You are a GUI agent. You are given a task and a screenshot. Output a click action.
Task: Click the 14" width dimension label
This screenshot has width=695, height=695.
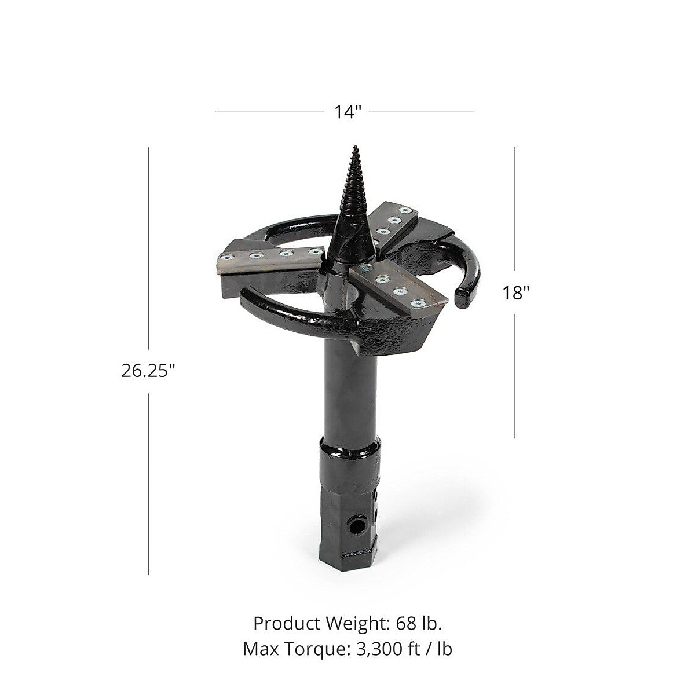click(347, 112)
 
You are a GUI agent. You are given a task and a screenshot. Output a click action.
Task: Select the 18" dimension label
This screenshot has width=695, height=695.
click(515, 293)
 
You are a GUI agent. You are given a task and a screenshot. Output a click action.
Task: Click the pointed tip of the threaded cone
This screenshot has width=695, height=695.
click(353, 146)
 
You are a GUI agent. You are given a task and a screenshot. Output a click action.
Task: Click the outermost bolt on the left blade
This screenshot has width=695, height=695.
click(226, 259)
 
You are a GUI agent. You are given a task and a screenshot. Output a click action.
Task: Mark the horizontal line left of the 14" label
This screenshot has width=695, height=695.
click(269, 112)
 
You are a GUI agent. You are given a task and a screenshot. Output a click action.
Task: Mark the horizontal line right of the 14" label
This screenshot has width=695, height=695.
click(422, 112)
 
